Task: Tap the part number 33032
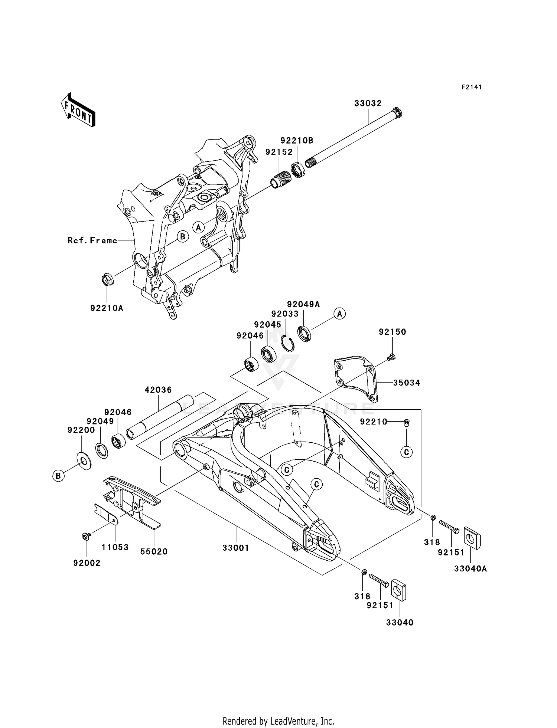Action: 368,104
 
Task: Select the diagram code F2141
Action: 471,87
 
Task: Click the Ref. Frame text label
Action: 92,240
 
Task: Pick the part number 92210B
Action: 297,141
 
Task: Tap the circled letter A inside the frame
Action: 199,227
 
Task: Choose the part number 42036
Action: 158,390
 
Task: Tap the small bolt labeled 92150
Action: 391,357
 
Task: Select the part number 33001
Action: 236,548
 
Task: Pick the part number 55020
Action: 154,552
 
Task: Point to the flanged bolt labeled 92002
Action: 86,536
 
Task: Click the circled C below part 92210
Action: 406,452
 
